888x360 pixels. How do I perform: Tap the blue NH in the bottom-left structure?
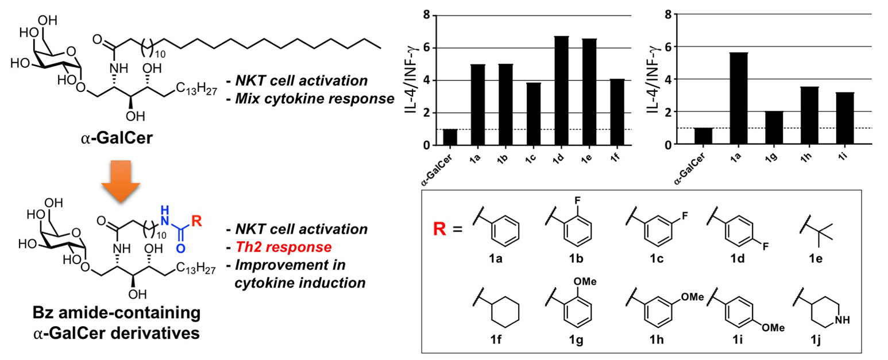pos(165,210)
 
